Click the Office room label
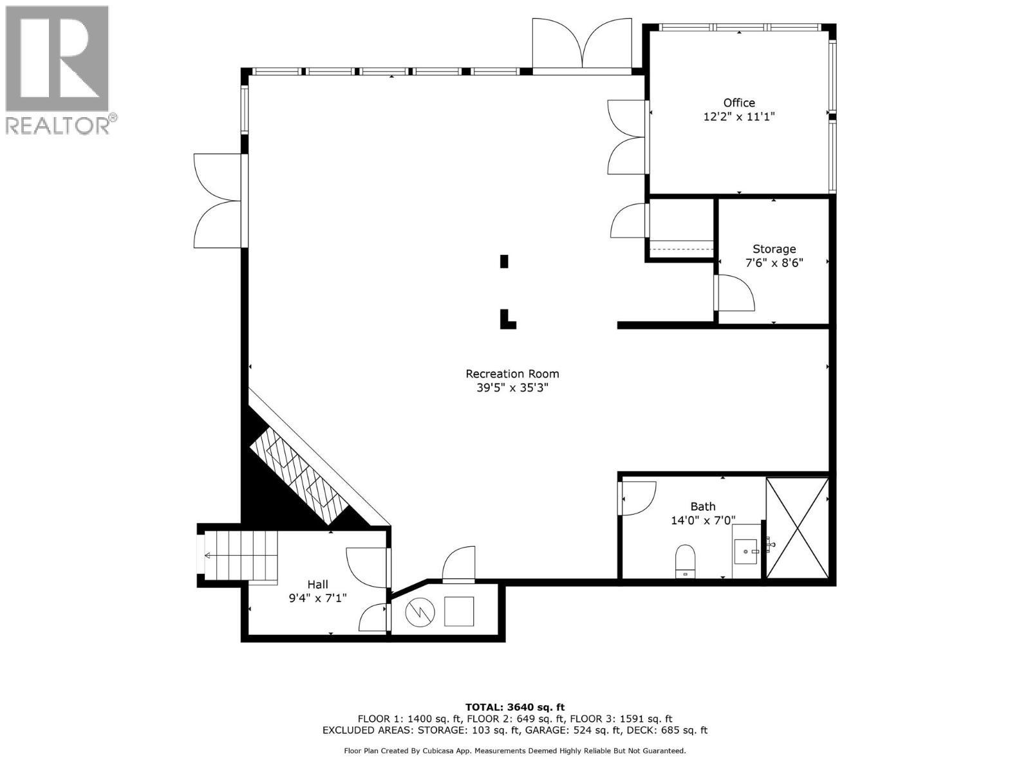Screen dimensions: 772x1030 pyautogui.click(x=738, y=103)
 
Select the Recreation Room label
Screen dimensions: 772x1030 pyautogui.click(x=512, y=374)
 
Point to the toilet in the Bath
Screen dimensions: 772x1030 pyautogui.click(x=686, y=560)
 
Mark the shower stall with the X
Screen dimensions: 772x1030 pyautogui.click(x=796, y=528)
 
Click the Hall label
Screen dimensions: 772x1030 pyautogui.click(x=317, y=584)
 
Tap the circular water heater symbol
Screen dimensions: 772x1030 pyautogui.click(x=419, y=612)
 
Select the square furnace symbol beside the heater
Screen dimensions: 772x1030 pyautogui.click(x=459, y=611)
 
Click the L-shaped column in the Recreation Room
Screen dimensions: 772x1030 pyautogui.click(x=507, y=320)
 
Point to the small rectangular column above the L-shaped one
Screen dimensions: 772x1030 pyautogui.click(x=504, y=261)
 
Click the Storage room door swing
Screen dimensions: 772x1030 pyautogui.click(x=736, y=292)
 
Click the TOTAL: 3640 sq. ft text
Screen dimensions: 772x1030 pyautogui.click(x=514, y=707)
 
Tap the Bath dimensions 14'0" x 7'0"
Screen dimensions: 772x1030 pyautogui.click(x=702, y=520)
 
